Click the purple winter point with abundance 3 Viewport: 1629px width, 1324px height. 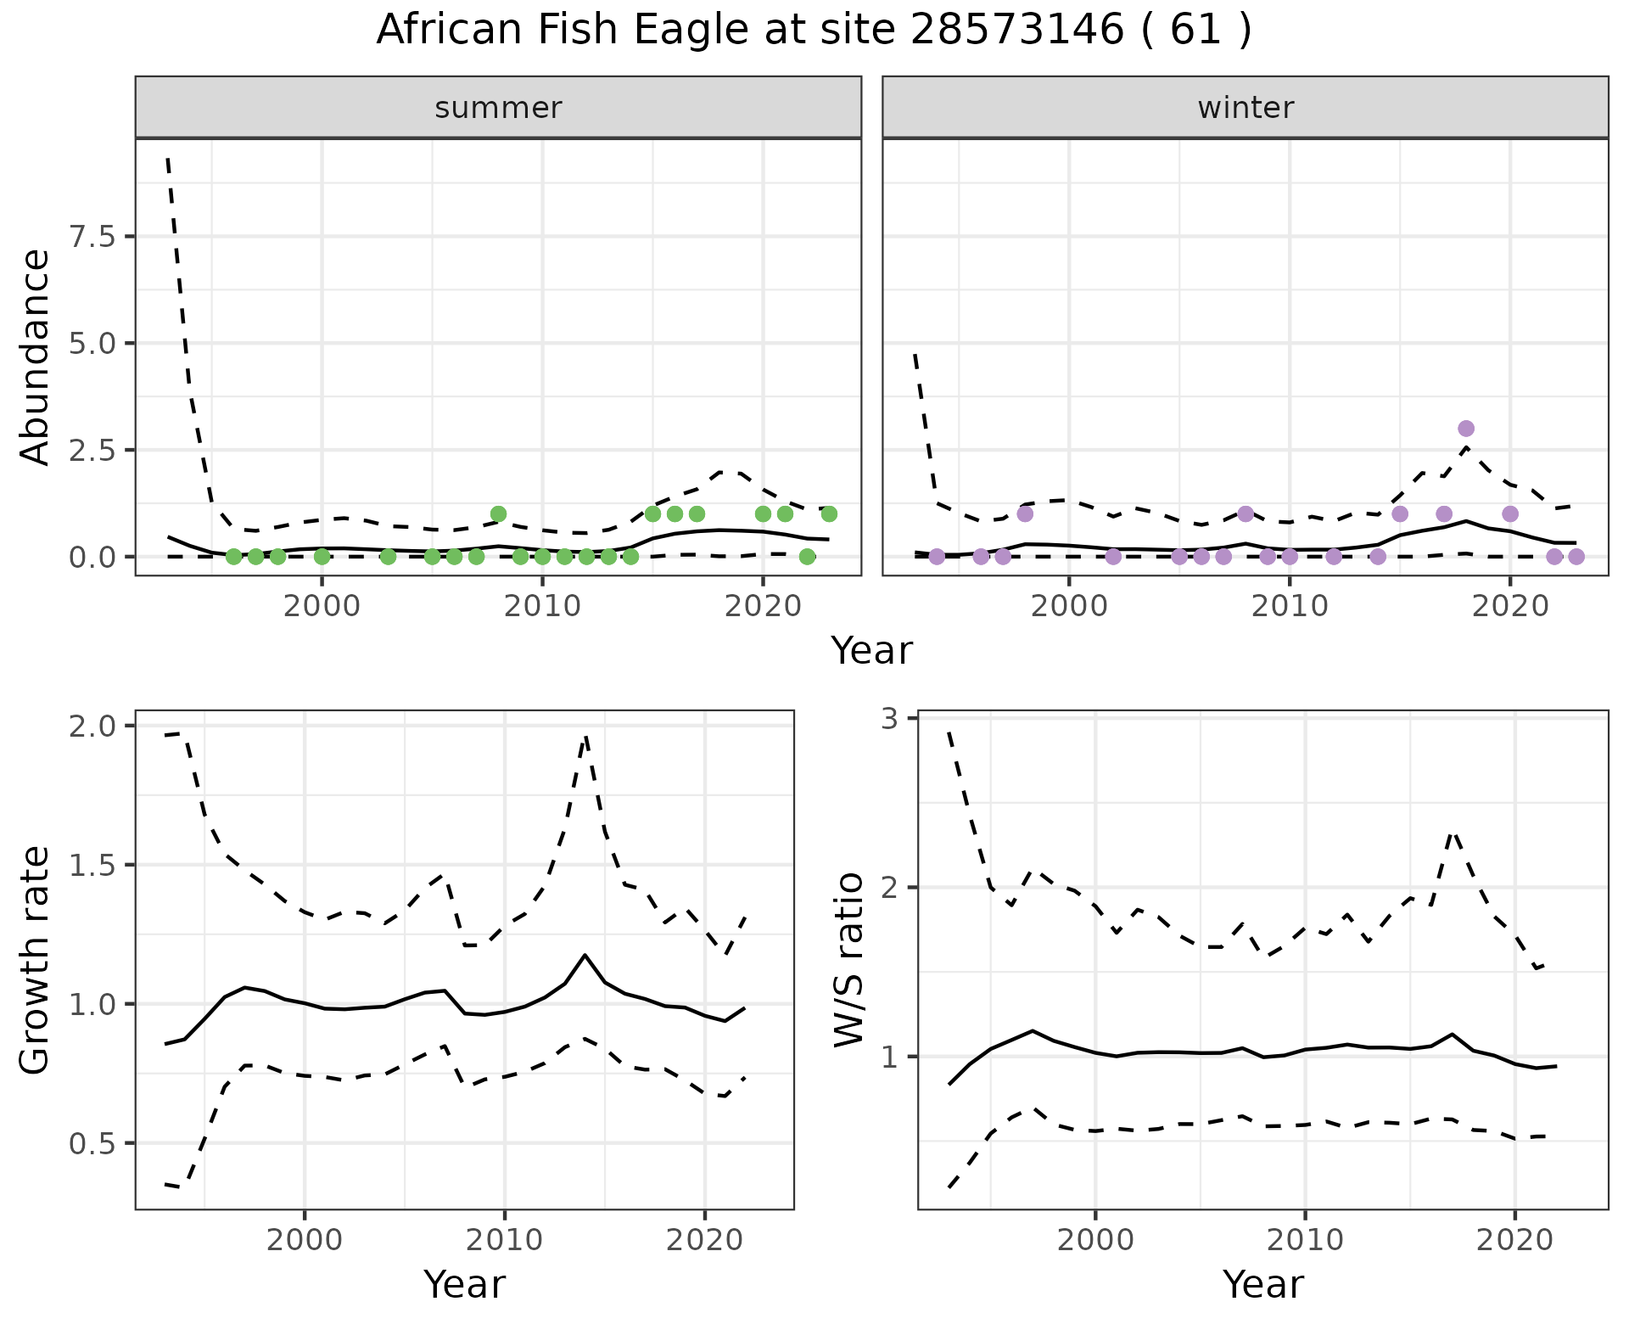[x=1466, y=429]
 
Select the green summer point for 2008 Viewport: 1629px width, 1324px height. [x=498, y=513]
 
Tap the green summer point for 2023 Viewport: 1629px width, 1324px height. [x=829, y=513]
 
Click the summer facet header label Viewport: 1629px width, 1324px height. [x=498, y=108]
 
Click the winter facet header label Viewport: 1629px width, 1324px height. [x=1246, y=108]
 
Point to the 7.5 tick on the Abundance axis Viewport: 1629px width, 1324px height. [x=96, y=237]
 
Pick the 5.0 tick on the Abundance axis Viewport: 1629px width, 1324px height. [x=96, y=344]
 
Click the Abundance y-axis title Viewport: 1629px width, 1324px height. [x=36, y=356]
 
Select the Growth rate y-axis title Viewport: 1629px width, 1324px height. [x=36, y=959]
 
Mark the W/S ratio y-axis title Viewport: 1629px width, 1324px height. [x=848, y=959]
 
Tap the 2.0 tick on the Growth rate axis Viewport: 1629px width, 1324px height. [x=96, y=727]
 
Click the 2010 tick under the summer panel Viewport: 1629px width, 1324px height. [x=542, y=607]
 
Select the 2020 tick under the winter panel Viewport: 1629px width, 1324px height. [x=1509, y=607]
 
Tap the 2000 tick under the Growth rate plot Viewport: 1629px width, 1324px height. [x=305, y=1240]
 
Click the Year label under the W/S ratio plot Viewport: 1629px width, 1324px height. [x=1262, y=1284]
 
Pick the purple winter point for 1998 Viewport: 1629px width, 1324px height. [x=1025, y=513]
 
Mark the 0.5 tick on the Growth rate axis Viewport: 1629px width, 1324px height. [x=96, y=1144]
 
